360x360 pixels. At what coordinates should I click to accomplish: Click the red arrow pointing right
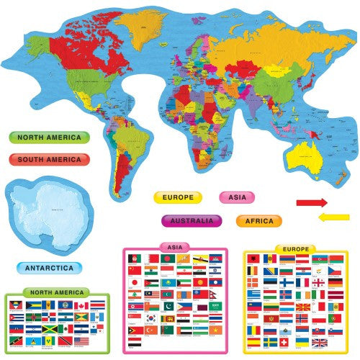[x=312, y=202]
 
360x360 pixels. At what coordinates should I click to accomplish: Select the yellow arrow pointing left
[x=333, y=217]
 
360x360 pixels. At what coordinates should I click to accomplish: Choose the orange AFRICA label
[x=258, y=220]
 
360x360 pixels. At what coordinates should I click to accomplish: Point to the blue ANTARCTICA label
[x=49, y=268]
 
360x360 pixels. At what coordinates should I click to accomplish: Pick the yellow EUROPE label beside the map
[x=177, y=196]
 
